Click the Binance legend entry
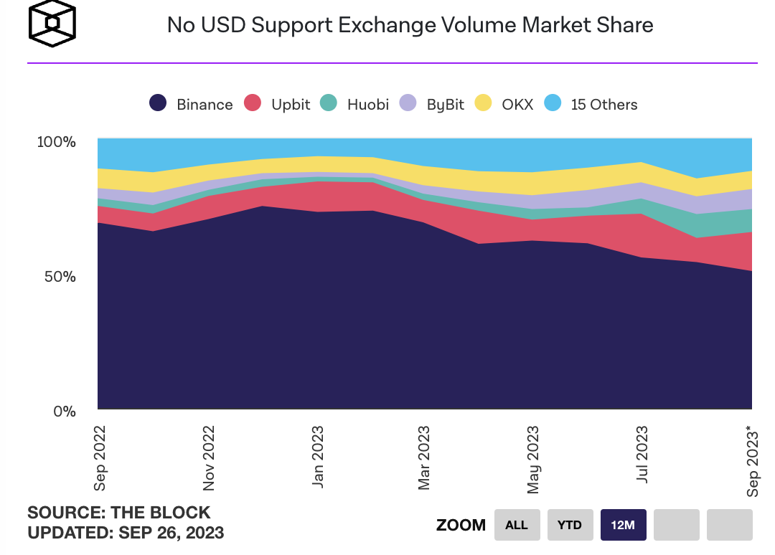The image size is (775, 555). click(x=191, y=104)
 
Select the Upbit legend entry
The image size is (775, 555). click(x=278, y=104)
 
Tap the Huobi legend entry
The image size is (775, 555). click(x=354, y=104)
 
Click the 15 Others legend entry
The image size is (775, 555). click(x=591, y=104)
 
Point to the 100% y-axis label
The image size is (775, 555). click(x=57, y=141)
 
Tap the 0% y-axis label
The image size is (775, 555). click(x=65, y=412)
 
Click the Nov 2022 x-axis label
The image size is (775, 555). click(x=209, y=458)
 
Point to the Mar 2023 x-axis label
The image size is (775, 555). click(x=425, y=458)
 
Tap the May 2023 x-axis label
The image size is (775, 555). click(x=533, y=458)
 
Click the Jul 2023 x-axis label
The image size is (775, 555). click(x=642, y=455)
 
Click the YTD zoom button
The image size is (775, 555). click(x=570, y=525)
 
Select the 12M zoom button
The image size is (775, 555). click(x=623, y=525)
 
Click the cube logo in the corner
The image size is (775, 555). click(x=52, y=23)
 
